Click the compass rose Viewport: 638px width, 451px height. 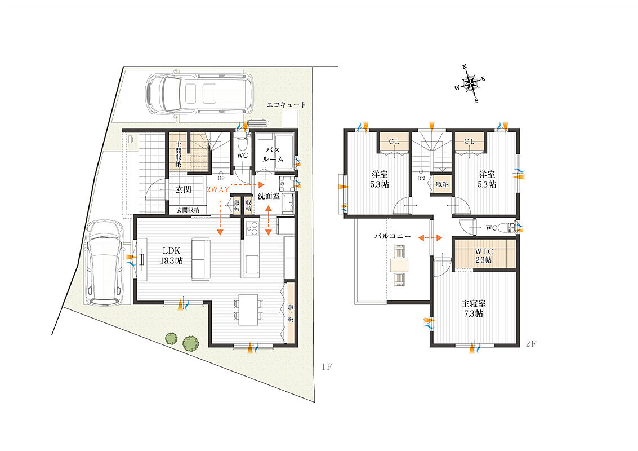(x=470, y=84)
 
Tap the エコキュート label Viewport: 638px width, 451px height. (x=287, y=105)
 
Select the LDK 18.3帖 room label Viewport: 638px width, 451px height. (x=171, y=255)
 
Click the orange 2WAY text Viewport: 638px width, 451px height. (x=218, y=190)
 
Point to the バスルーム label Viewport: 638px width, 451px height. (x=273, y=155)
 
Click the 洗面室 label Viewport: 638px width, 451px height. (x=269, y=196)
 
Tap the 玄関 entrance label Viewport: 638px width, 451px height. (x=184, y=189)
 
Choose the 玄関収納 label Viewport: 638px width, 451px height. (x=188, y=210)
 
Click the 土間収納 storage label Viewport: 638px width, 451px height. (x=178, y=153)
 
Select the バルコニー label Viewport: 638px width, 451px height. (x=392, y=236)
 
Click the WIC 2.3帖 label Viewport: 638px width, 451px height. (x=483, y=256)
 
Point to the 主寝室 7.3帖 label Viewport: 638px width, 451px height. (x=474, y=309)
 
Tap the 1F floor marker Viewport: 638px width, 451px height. (x=327, y=366)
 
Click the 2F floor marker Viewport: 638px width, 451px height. (x=530, y=344)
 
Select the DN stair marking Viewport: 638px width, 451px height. (x=421, y=179)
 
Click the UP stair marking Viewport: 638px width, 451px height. (x=221, y=178)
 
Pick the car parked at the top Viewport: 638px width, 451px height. (x=199, y=94)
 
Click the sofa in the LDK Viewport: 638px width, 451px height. (x=201, y=259)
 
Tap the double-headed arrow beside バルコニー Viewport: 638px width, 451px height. (x=430, y=237)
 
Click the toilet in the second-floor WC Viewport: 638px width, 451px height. (x=507, y=228)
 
